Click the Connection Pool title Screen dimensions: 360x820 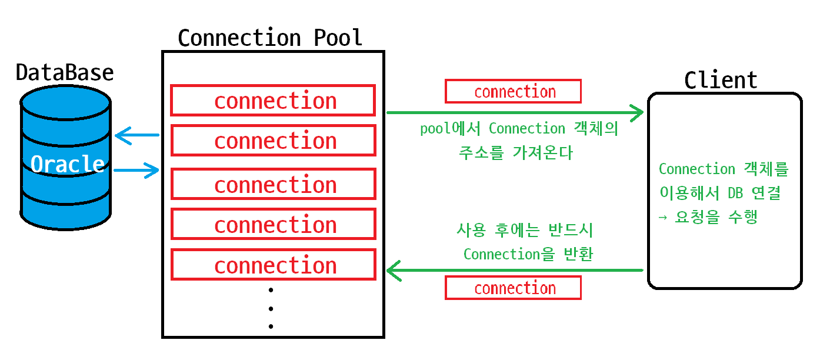click(270, 38)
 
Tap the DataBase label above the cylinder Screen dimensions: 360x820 click(65, 72)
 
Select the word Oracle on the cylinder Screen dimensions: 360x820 click(68, 164)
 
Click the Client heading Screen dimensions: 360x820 click(721, 80)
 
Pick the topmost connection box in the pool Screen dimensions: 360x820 click(273, 101)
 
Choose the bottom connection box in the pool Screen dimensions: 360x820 click(273, 265)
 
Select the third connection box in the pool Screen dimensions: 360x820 click(273, 184)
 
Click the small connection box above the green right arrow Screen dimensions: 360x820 click(514, 92)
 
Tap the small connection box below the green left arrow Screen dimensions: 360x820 click(514, 288)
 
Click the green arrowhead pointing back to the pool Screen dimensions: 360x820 click(394, 271)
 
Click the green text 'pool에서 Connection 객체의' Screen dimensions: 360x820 click(519, 128)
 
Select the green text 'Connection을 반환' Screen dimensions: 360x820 click(528, 254)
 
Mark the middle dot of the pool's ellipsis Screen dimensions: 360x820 click(271, 308)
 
